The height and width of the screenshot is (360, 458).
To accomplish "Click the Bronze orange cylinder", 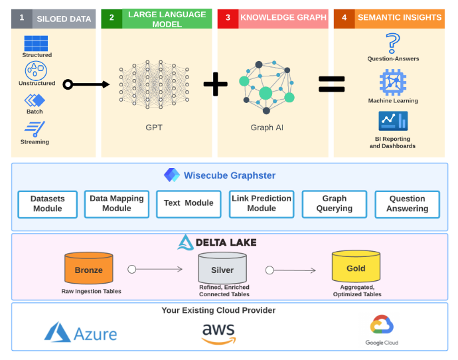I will point(88,269).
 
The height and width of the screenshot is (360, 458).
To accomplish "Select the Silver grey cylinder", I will point(222,269).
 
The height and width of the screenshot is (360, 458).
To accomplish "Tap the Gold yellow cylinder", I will point(356,268).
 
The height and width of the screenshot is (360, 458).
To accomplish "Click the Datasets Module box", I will point(48,204).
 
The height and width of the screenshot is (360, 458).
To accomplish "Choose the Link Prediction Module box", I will point(262,203).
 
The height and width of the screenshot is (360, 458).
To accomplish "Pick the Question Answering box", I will point(407,204).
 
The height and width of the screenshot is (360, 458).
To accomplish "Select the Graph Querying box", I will point(334,203).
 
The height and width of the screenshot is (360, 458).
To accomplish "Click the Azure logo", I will point(80,332).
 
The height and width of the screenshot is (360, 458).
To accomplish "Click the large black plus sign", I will point(215,84).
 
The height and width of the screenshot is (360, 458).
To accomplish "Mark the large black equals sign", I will point(331,84).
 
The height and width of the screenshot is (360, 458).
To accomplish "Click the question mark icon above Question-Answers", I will point(393,43).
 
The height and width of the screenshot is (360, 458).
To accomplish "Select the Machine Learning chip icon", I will point(393,82).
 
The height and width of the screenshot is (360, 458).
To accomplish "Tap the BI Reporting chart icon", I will point(393,121).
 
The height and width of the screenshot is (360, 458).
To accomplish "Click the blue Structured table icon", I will point(36,43).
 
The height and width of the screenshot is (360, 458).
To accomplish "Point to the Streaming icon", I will point(35,129).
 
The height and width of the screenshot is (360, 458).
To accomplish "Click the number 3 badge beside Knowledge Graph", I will point(228,18).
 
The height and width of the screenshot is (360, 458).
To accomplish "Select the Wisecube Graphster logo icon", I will point(172,175).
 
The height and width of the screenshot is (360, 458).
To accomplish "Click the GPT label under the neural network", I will point(153,127).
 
